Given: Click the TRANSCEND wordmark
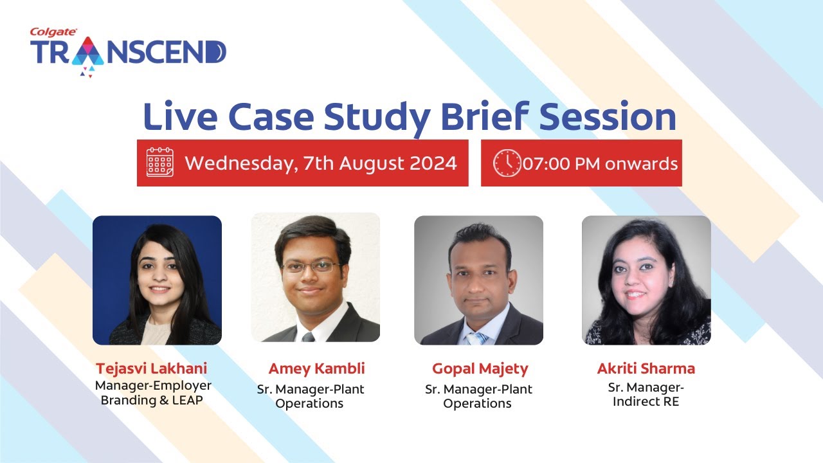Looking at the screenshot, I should coord(128,53).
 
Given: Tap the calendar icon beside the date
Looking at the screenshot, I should coord(159,163).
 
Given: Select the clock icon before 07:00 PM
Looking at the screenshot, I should coord(507,163).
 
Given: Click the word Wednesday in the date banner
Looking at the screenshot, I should coord(238,163).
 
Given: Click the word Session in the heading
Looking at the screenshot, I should coord(608,118).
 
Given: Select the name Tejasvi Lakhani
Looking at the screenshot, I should coord(152,368).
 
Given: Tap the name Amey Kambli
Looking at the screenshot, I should coord(316,368).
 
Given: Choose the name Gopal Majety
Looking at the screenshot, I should coord(480,368).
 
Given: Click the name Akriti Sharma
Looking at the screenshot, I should coord(646,368).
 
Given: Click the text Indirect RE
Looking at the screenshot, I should coord(646,402).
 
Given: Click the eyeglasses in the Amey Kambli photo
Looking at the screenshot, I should coord(311,266).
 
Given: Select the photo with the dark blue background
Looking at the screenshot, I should coord(157,280).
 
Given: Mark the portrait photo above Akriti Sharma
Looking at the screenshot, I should coord(646,280).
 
